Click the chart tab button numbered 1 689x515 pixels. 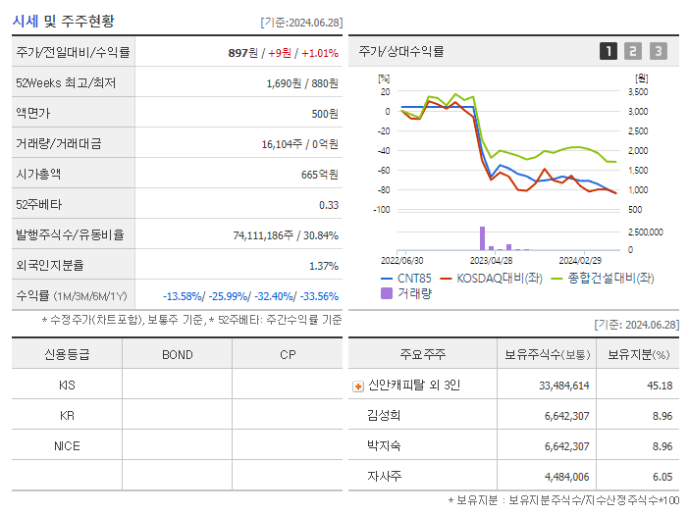click(x=609, y=51)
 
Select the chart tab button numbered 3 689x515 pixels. click(x=658, y=51)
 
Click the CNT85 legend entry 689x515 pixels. click(x=405, y=278)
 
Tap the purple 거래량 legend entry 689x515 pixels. click(x=405, y=292)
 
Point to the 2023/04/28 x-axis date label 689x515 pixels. click(x=491, y=261)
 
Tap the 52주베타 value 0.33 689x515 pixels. click(x=328, y=205)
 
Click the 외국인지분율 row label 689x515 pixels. click(x=50, y=266)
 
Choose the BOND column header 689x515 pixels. click(x=177, y=354)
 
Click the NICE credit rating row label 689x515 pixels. click(x=67, y=445)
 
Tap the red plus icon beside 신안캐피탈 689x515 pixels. click(x=357, y=386)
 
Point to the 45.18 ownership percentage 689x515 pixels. click(x=660, y=386)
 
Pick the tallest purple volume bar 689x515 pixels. click(x=482, y=238)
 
